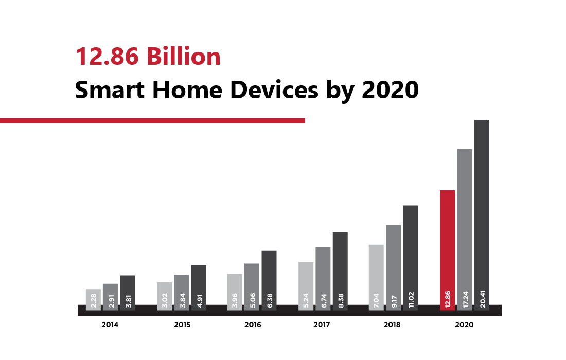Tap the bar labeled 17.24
[465, 229]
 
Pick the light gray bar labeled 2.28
[93, 299]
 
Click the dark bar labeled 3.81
[127, 293]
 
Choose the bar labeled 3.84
[181, 292]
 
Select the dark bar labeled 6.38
[269, 280]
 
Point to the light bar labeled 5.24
[306, 286]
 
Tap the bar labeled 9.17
[393, 267]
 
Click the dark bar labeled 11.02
[410, 258]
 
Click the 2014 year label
[110, 325]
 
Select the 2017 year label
[322, 325]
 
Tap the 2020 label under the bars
[464, 325]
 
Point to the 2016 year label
[252, 325]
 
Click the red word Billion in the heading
[182, 56]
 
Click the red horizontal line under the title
[152, 121]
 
